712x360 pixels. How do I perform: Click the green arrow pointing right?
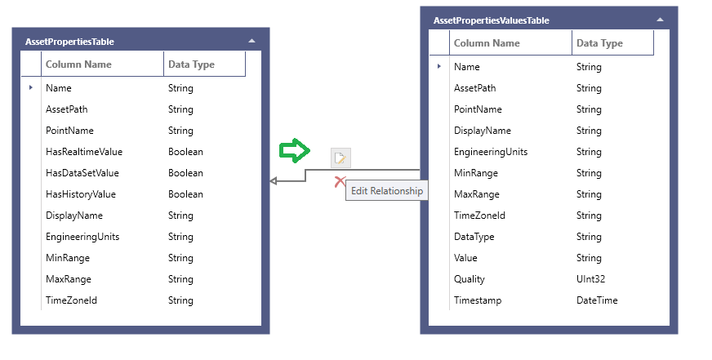tap(295, 150)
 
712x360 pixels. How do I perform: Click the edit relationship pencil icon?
tap(340, 158)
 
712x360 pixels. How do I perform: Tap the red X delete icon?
tap(340, 181)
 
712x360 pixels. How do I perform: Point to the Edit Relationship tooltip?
tap(387, 191)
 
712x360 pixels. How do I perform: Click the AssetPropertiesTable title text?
tap(69, 41)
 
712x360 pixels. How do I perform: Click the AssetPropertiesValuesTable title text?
tap(491, 20)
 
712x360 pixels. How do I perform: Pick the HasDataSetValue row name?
tap(82, 173)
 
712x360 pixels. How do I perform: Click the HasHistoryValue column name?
tap(80, 194)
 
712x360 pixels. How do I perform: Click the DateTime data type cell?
tap(596, 300)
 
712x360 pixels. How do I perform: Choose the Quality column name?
tap(469, 279)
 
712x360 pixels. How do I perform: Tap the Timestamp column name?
tap(477, 300)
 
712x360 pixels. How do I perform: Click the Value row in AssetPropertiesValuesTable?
tap(465, 258)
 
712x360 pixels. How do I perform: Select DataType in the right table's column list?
tap(474, 237)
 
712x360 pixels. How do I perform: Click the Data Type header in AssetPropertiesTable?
tap(191, 64)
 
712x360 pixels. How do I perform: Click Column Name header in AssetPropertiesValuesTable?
tap(487, 43)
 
